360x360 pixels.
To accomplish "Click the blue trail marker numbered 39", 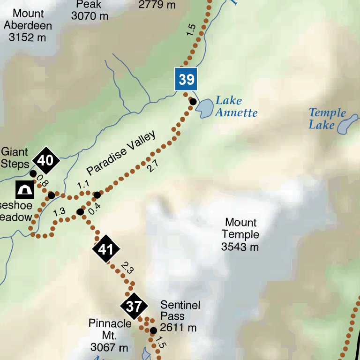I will (187, 79).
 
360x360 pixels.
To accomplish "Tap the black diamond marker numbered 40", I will (45, 161).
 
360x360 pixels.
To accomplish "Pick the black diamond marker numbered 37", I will (134, 307).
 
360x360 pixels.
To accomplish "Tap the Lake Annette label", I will (236, 106).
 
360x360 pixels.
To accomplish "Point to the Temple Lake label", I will (327, 119).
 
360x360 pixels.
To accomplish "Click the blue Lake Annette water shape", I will (204, 108).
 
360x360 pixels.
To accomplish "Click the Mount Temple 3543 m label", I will (240, 234).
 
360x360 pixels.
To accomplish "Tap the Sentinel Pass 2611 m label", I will (180, 316).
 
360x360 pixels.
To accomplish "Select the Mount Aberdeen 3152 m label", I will (29, 26).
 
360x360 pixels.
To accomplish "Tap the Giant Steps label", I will (15, 158).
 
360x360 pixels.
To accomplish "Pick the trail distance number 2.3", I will (127, 269).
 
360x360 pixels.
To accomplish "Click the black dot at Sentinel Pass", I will (153, 330).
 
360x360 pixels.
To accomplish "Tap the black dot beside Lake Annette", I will (193, 101).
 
